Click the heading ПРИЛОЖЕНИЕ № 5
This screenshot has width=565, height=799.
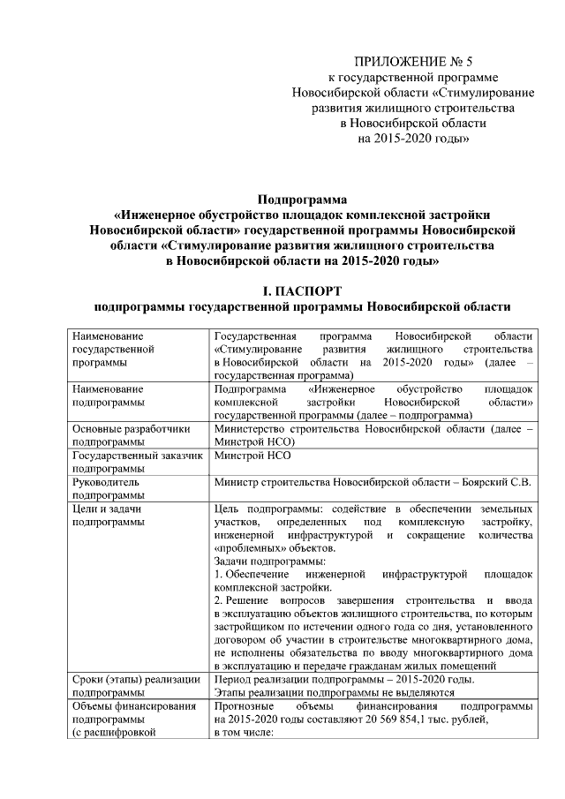point(401,62)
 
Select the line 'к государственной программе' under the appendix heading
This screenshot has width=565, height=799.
point(401,78)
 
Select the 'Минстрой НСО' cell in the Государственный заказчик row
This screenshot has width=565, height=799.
point(252,456)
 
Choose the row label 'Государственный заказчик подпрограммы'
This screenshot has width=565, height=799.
point(138,462)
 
